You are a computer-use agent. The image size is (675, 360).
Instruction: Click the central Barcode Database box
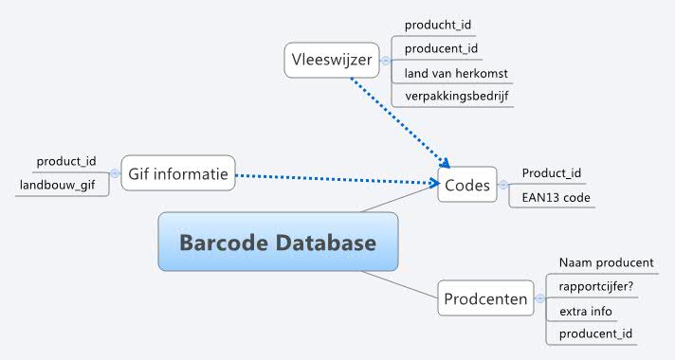[278, 243]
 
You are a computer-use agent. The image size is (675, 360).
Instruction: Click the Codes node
[466, 186]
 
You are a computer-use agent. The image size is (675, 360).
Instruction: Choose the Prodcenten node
[485, 300]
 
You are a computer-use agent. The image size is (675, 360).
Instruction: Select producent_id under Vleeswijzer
[439, 48]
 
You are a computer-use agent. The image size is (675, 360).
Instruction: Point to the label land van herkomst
[452, 73]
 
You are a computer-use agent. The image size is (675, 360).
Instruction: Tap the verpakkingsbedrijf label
[453, 97]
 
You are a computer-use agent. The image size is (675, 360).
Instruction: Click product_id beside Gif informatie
[66, 162]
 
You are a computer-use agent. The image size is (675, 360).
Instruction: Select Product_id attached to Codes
[551, 174]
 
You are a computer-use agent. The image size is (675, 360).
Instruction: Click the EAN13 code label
[556, 198]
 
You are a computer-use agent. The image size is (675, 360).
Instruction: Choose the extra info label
[585, 311]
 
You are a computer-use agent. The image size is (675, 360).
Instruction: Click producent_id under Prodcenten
[595, 334]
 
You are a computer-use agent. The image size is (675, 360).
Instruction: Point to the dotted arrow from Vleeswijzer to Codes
[398, 120]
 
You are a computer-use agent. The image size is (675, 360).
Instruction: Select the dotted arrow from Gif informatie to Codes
[332, 177]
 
